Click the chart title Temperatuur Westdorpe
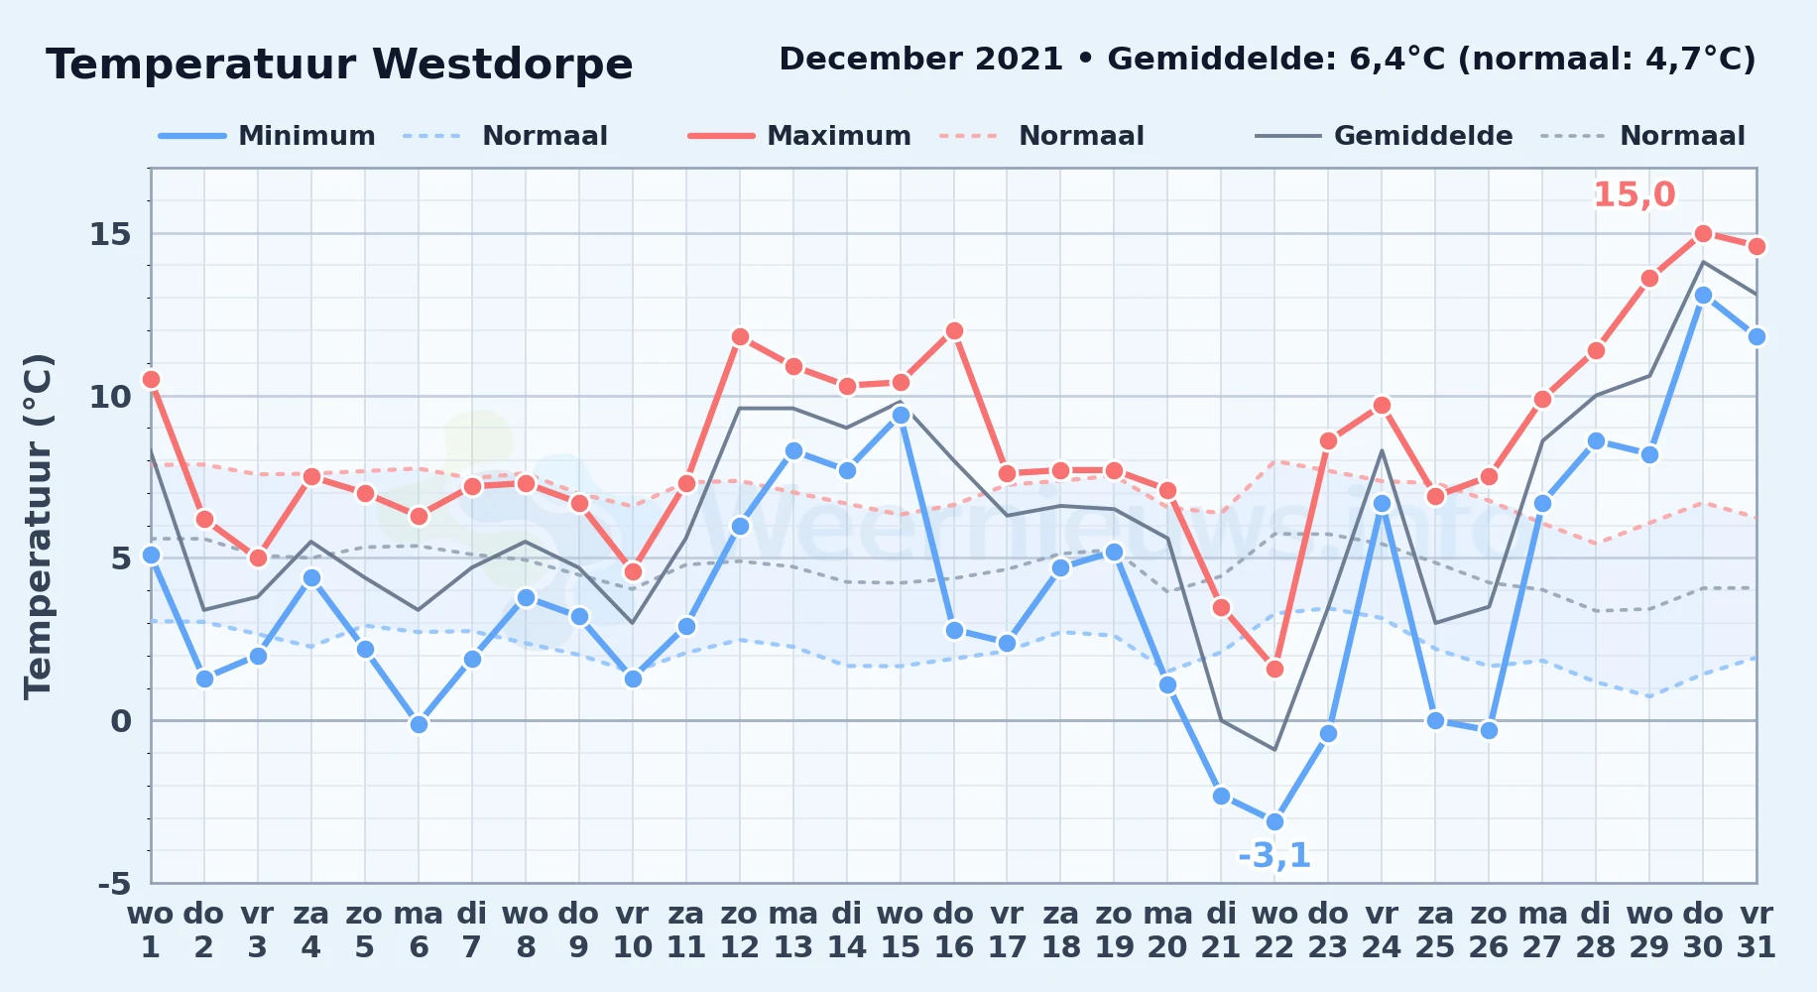(339, 64)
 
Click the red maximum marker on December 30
(1703, 234)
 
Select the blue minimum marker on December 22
(1274, 821)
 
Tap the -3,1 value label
(1274, 855)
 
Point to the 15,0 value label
(1635, 194)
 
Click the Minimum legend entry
(268, 136)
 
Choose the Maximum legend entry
(799, 136)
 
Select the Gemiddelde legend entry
(1385, 136)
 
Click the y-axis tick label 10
(110, 397)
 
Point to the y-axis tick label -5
(114, 883)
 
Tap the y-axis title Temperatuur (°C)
(39, 526)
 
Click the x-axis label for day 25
(1435, 930)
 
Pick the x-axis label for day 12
(739, 930)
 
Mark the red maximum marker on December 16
(954, 331)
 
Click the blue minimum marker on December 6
(419, 724)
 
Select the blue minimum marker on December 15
(901, 416)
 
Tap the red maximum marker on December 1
(151, 380)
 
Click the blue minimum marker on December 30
(1703, 296)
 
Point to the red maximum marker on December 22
(1274, 670)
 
